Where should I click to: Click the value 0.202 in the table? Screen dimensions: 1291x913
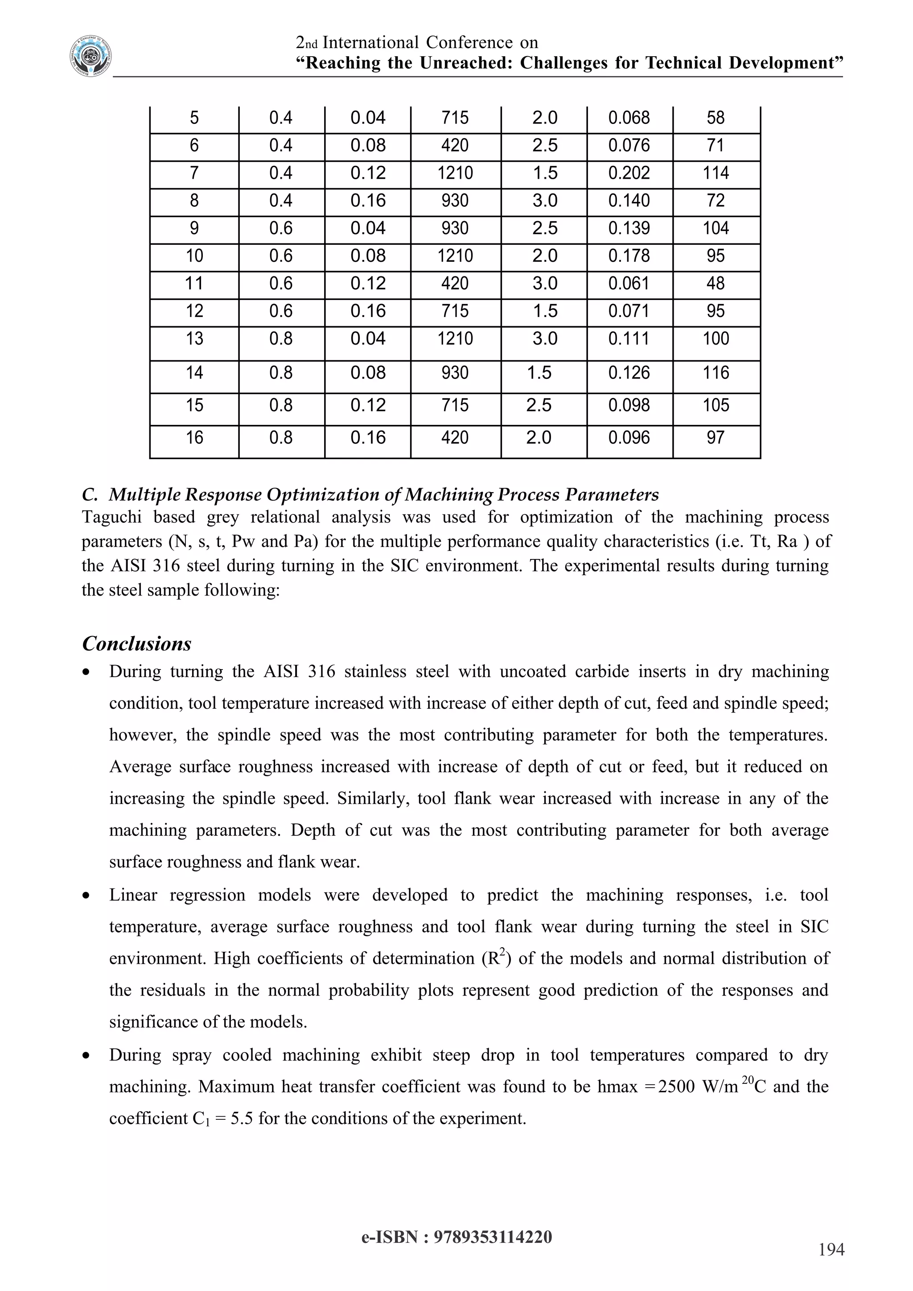[x=629, y=173]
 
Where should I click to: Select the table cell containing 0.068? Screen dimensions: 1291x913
[x=629, y=118]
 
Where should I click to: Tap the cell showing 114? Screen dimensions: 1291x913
[x=715, y=173]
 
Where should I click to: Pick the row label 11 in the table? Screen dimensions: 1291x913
[x=194, y=284]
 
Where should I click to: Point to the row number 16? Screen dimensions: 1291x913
[x=194, y=437]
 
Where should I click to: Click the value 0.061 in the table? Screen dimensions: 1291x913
[x=629, y=284]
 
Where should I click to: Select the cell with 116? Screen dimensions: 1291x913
[x=715, y=373]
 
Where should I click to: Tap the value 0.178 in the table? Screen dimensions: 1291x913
[x=629, y=256]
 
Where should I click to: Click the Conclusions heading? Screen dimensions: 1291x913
[x=136, y=644]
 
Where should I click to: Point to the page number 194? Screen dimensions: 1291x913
[x=831, y=1250]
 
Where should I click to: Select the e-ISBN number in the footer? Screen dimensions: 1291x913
[x=493, y=1237]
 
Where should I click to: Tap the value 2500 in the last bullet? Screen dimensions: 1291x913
[x=676, y=1087]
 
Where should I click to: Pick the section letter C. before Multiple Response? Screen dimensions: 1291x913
[x=90, y=495]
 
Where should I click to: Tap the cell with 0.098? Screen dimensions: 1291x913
[x=629, y=405]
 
